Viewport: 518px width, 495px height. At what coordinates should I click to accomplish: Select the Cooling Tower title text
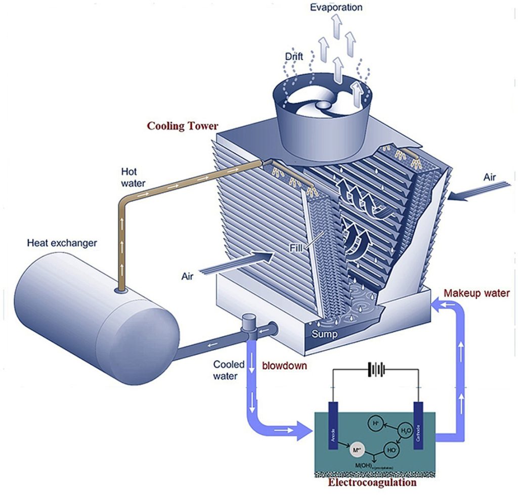[183, 126]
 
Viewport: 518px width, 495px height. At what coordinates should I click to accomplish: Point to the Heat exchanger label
[62, 243]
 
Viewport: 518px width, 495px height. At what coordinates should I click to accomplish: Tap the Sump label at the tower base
[324, 334]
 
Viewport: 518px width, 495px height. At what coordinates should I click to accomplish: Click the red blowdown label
[284, 365]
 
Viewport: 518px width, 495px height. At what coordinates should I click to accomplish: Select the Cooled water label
[229, 370]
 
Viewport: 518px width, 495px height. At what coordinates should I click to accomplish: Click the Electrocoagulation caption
[372, 482]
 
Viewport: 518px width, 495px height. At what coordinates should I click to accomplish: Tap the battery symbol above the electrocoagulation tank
[375, 370]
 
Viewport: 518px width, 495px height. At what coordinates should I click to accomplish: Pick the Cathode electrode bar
[419, 425]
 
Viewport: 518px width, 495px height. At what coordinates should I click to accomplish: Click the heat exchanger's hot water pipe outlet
[122, 290]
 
